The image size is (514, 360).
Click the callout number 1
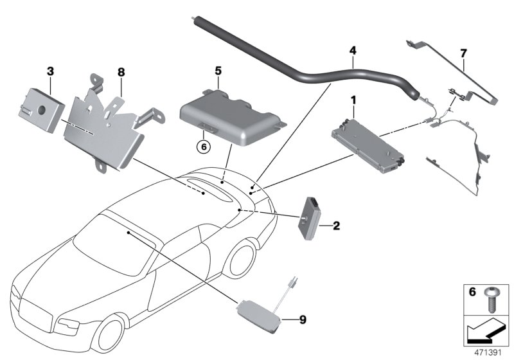[353, 100]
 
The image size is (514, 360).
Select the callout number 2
[336, 226]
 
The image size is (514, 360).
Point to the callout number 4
[352, 50]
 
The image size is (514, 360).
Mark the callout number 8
[120, 73]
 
